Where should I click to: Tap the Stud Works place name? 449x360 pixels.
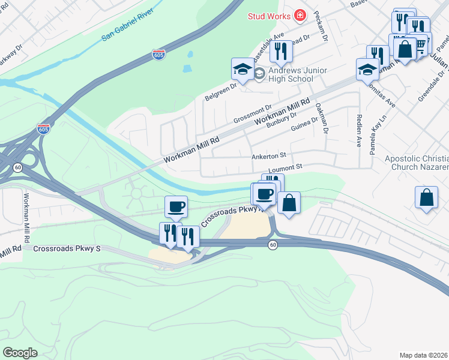click(270, 16)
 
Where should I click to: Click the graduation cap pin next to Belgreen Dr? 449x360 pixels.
click(243, 70)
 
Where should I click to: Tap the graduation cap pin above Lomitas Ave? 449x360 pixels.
click(367, 70)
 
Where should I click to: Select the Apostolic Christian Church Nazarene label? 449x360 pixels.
click(416, 162)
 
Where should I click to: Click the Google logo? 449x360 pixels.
click(20, 353)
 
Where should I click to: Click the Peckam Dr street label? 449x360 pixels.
click(321, 29)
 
